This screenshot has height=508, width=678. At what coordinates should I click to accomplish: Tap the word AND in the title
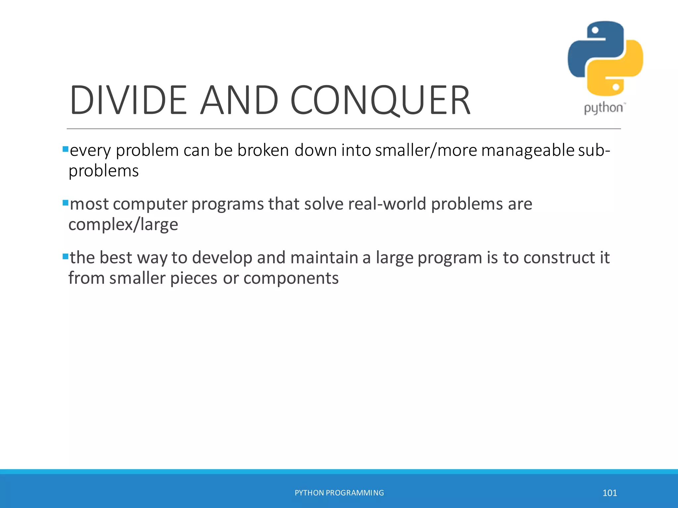click(239, 100)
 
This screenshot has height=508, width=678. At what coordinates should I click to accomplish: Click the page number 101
click(609, 493)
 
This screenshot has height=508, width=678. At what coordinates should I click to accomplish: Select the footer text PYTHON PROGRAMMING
click(339, 493)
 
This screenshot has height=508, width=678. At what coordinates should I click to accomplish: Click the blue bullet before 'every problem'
click(65, 149)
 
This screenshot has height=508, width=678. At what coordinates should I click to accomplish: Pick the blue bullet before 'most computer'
click(65, 203)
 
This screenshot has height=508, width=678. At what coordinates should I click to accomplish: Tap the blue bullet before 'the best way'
click(65, 256)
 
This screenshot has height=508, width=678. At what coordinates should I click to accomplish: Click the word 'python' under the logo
click(603, 108)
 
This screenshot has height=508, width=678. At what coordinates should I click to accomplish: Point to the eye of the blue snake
click(595, 30)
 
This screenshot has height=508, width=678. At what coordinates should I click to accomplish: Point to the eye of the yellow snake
click(616, 87)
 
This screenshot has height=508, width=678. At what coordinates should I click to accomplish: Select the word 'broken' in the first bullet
click(263, 150)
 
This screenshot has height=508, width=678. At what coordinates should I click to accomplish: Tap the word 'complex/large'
click(123, 225)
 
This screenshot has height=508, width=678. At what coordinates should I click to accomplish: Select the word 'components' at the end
click(291, 278)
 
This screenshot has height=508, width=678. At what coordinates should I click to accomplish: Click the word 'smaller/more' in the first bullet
click(426, 150)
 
